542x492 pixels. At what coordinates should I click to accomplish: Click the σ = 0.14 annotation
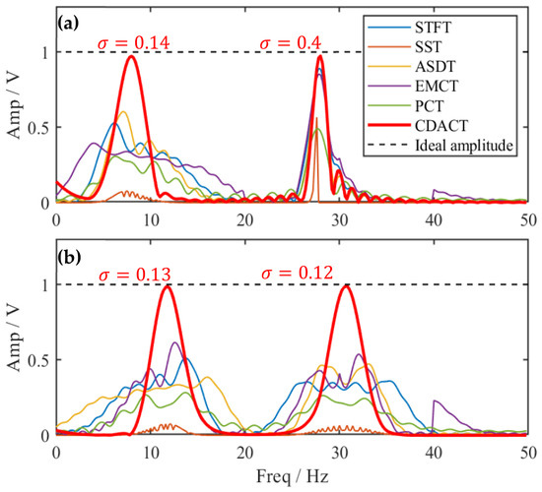(134, 43)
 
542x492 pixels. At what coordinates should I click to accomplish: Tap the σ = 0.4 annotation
(291, 43)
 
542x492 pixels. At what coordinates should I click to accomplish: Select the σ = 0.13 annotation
(135, 275)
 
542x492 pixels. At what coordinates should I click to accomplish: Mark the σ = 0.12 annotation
(298, 274)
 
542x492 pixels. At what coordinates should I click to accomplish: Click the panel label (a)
(68, 24)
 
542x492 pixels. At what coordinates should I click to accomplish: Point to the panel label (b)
(69, 258)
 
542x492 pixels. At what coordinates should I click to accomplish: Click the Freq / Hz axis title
(292, 476)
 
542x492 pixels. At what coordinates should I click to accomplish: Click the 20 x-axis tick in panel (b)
(245, 453)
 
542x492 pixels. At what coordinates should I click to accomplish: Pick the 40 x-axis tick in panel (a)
(434, 220)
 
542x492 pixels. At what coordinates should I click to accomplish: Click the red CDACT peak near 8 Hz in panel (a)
(131, 56)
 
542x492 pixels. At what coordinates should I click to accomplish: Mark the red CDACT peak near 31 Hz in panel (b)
(346, 286)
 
